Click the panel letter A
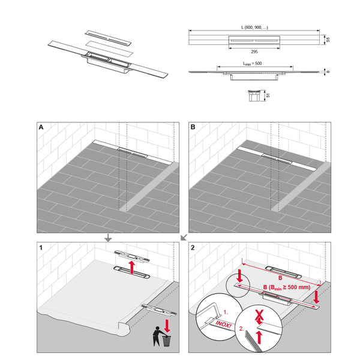coord(41,128)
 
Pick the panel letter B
coord(193,128)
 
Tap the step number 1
coord(41,247)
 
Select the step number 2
coord(193,247)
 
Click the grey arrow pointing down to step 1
coord(107,238)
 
